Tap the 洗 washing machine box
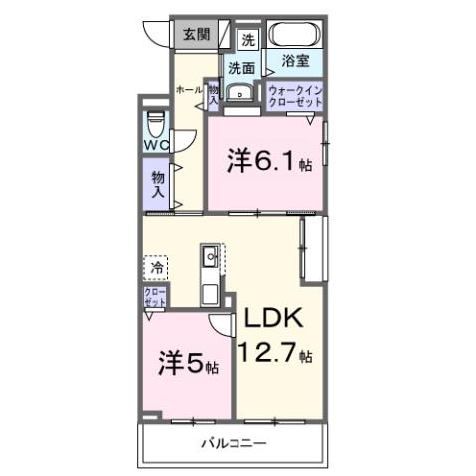click(248, 40)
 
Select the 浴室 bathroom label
click(296, 61)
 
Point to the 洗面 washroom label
click(240, 69)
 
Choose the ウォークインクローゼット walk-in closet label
click(295, 96)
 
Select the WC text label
click(156, 145)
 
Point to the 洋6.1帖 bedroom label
click(268, 162)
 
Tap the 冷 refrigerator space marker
click(156, 267)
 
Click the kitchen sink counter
click(211, 273)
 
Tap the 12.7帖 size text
click(277, 353)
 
